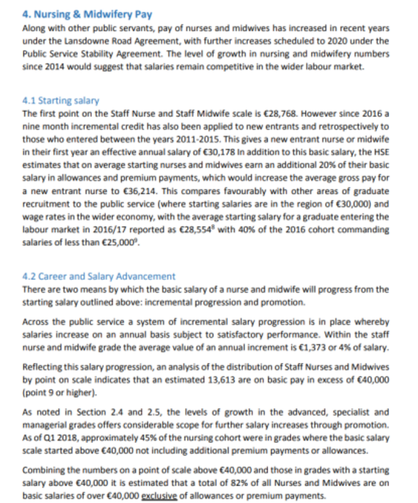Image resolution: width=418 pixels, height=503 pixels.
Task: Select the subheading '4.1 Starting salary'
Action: [60, 101]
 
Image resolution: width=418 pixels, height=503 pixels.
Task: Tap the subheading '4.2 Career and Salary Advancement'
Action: [98, 276]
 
